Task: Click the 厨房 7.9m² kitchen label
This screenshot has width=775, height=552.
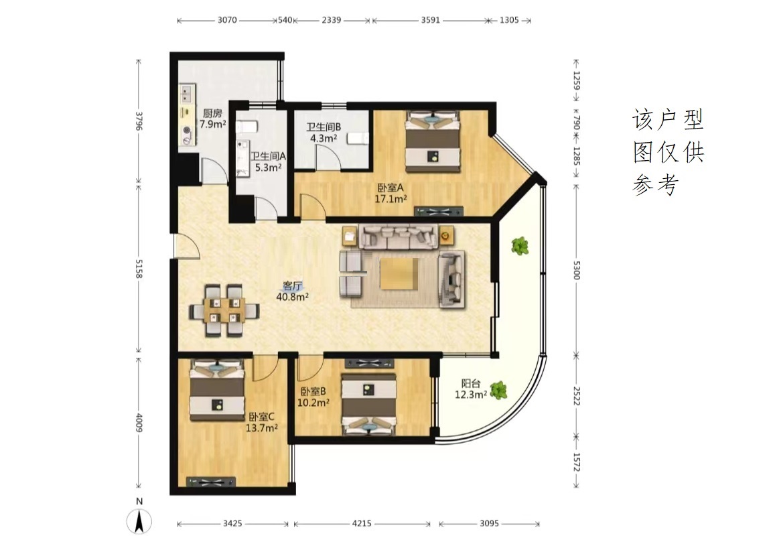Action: pyautogui.click(x=212, y=119)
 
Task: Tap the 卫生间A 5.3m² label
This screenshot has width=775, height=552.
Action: pyautogui.click(x=268, y=161)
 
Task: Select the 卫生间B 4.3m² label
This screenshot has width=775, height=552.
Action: pyautogui.click(x=324, y=133)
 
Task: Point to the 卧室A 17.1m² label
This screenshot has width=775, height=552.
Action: pyautogui.click(x=391, y=193)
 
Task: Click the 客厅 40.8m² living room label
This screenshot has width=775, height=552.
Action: pyautogui.click(x=293, y=291)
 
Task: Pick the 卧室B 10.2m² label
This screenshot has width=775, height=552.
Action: pyautogui.click(x=313, y=397)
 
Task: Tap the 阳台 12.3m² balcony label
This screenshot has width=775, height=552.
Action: pyautogui.click(x=471, y=389)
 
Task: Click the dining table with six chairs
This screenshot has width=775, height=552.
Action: pyautogui.click(x=224, y=310)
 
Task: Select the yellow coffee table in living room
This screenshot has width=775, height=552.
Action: pyautogui.click(x=399, y=273)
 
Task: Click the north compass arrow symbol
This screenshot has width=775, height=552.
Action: pyautogui.click(x=139, y=521)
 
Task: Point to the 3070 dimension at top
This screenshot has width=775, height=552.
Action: pyautogui.click(x=227, y=20)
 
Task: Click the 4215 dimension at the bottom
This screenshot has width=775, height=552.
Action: pyautogui.click(x=362, y=523)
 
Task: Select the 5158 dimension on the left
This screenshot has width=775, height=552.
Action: pyautogui.click(x=139, y=269)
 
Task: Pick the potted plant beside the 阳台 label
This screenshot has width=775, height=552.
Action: pyautogui.click(x=499, y=391)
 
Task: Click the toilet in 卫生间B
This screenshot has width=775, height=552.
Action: pyautogui.click(x=358, y=138)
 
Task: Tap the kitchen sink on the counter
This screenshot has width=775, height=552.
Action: pyautogui.click(x=188, y=91)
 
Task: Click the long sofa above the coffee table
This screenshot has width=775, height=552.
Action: pyautogui.click(x=399, y=236)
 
